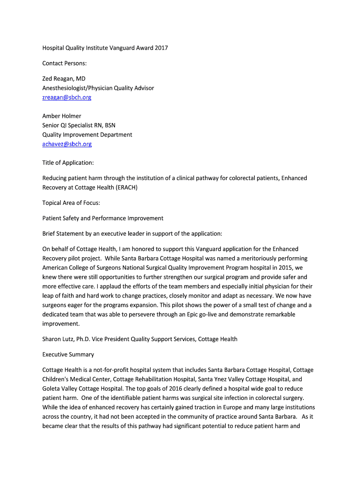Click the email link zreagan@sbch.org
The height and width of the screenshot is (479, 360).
(x=67, y=97)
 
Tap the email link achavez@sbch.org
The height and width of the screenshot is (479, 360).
(x=67, y=144)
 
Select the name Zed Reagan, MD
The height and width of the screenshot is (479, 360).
(x=64, y=79)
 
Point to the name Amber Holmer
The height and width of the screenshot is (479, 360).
(x=62, y=116)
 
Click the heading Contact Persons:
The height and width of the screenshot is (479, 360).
(x=65, y=63)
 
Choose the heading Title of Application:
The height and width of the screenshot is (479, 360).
(x=68, y=162)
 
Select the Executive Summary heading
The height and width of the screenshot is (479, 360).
(x=68, y=354)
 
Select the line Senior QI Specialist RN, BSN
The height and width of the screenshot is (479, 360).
(x=79, y=125)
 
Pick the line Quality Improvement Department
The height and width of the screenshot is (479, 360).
(x=87, y=134)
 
